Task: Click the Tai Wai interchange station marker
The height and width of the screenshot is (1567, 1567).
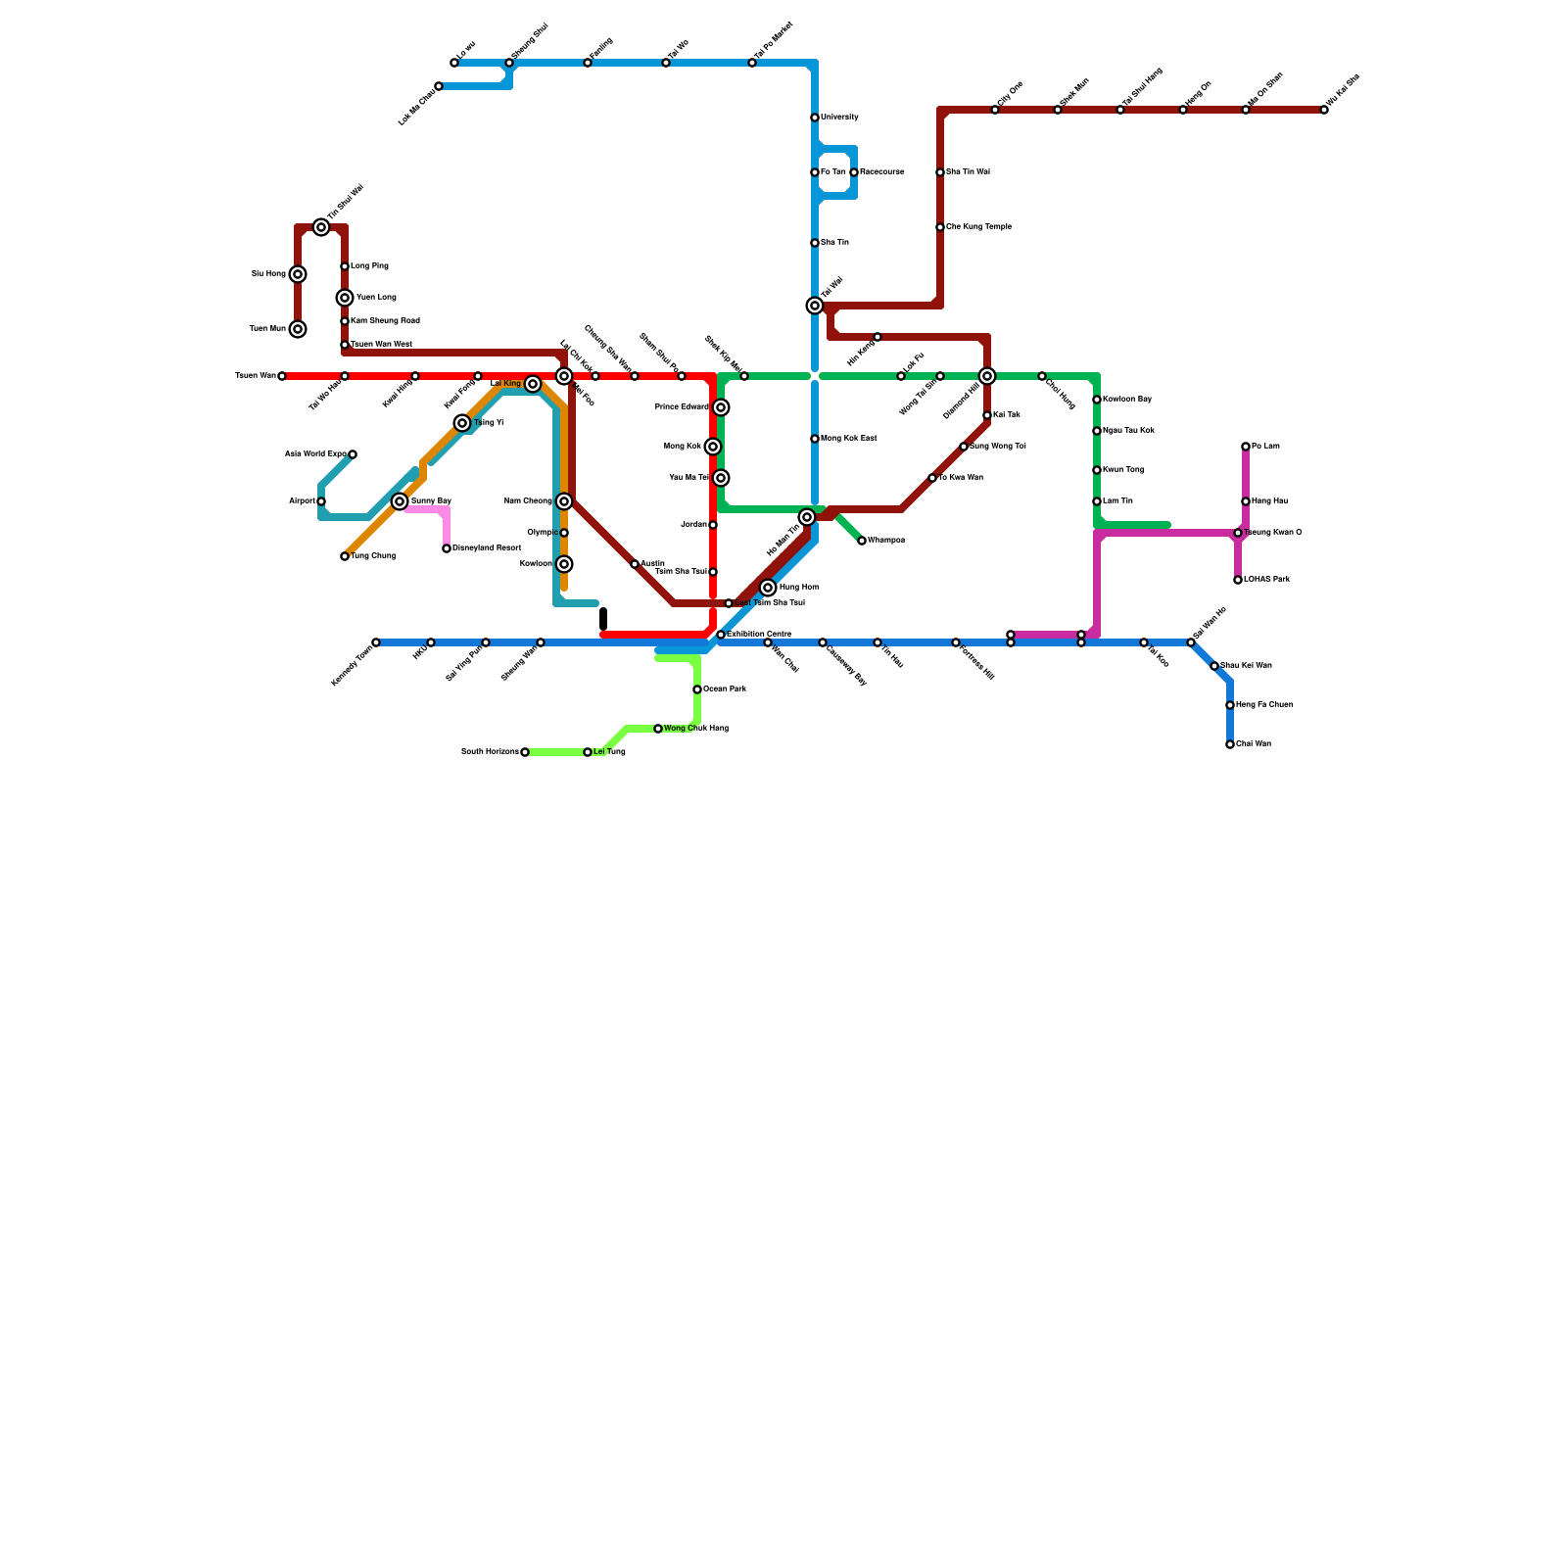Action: [815, 306]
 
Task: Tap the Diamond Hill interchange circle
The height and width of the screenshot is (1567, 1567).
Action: [987, 376]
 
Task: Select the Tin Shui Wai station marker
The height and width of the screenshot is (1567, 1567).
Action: [321, 227]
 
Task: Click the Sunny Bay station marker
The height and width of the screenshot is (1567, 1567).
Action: [400, 501]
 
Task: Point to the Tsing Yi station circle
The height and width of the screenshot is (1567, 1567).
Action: [462, 423]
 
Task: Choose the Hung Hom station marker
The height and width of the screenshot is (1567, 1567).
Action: [768, 588]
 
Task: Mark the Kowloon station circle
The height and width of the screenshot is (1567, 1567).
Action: [564, 564]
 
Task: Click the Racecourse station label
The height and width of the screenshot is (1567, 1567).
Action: [881, 172]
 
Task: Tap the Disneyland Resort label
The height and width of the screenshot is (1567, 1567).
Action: [487, 548]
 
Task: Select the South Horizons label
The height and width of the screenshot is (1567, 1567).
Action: [490, 752]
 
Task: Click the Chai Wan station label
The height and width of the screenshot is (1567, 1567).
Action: [1254, 744]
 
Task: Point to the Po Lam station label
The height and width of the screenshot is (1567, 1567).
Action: [1265, 447]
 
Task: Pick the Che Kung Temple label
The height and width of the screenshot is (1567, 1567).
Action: [978, 227]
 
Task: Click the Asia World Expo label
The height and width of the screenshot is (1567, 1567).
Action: [315, 454]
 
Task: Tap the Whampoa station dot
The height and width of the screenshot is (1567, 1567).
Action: [862, 541]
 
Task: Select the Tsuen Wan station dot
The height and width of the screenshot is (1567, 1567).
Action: [282, 376]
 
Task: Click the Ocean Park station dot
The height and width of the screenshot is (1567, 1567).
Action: [697, 689]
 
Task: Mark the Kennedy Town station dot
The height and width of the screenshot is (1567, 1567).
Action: [376, 642]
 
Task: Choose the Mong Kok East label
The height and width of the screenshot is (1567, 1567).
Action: [848, 439]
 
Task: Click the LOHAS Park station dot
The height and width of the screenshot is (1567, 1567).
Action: [1238, 580]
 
